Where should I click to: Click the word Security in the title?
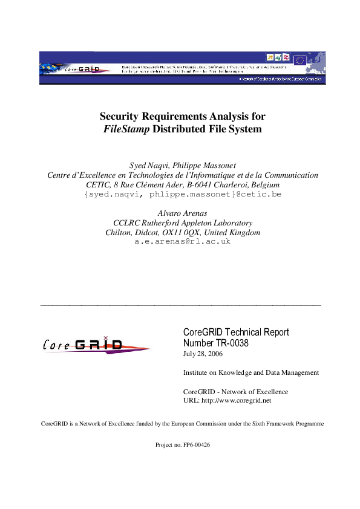point(122,116)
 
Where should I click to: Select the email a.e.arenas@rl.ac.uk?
point(182,241)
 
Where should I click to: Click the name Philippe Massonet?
point(202,166)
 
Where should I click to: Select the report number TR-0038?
point(232,343)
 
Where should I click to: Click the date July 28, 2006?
point(203,354)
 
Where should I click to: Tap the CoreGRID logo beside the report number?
point(91,345)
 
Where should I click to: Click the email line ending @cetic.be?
point(182,194)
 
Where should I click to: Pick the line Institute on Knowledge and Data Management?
point(250,373)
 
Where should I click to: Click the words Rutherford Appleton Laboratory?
point(200,223)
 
